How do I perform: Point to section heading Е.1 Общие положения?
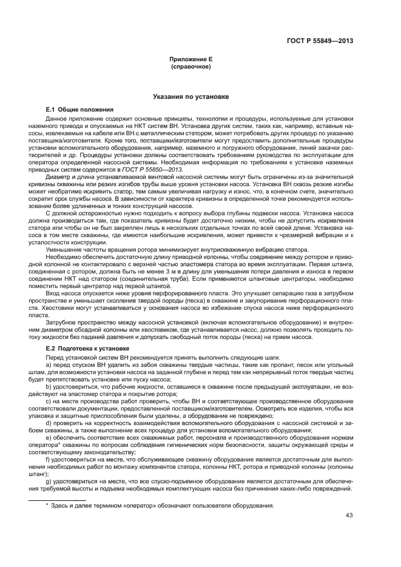point(76,109)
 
